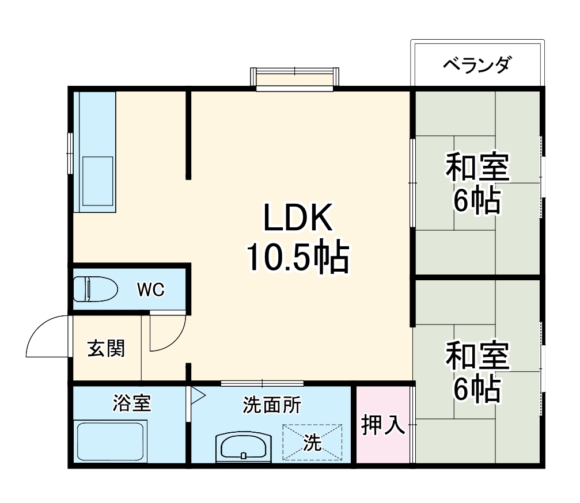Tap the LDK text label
(297, 219)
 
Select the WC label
(150, 289)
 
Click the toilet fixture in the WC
(96, 289)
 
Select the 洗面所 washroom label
(271, 406)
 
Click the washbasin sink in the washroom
(243, 446)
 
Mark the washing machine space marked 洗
(312, 442)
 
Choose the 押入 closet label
(383, 425)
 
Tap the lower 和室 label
(477, 357)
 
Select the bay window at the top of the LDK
(294, 79)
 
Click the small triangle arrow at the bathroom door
(198, 395)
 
